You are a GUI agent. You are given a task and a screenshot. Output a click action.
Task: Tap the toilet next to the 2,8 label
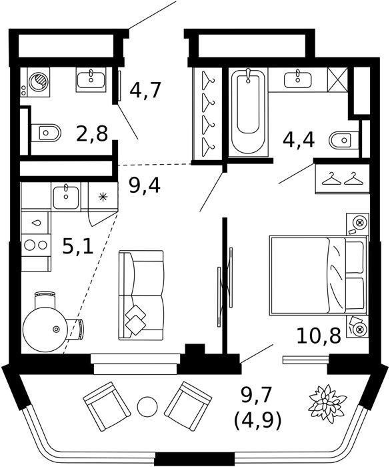pos(45,133)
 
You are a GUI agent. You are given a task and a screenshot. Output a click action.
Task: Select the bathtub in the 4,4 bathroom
pos(248,111)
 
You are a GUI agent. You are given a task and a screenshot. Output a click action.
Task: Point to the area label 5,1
pos(78,246)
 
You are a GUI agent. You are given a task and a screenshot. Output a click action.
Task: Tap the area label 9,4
pos(145,185)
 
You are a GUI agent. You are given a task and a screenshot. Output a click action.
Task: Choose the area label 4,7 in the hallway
pos(145,90)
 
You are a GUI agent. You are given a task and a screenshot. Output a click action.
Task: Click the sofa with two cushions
pos(141,295)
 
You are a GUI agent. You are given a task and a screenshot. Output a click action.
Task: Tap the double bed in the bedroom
pos(317,275)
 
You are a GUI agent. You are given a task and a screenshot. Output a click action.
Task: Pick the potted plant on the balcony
pos(328,404)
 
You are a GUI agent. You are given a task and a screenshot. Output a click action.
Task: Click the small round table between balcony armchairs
pos(147,406)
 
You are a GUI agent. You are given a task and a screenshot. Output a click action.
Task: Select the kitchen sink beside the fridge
pos(66,197)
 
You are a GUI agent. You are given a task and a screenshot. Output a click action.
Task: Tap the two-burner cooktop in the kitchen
pos(36,245)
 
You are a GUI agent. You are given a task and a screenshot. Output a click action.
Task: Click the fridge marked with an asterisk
pos(103,197)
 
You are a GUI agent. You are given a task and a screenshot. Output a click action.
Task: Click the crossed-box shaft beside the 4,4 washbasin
pos(337,79)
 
